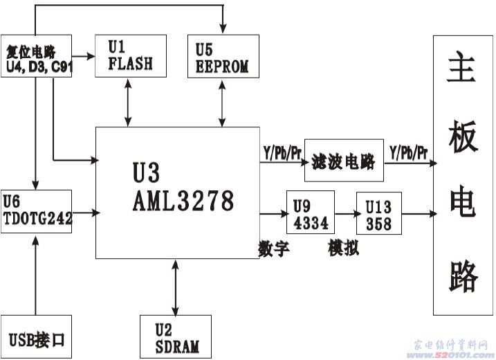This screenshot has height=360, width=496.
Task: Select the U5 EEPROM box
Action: point(223,56)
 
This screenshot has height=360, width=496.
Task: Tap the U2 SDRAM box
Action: point(175,336)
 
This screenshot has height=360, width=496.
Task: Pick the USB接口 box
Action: point(36,338)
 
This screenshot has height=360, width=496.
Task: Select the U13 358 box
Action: point(378,215)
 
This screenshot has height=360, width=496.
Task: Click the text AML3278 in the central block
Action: point(183,202)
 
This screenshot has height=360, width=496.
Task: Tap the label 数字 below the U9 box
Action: point(274,248)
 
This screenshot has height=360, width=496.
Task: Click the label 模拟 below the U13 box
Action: point(344,248)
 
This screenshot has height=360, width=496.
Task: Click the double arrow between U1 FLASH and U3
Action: point(128,102)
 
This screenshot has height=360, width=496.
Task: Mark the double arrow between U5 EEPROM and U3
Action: point(223,102)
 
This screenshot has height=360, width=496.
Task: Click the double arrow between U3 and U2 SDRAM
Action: point(176,287)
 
